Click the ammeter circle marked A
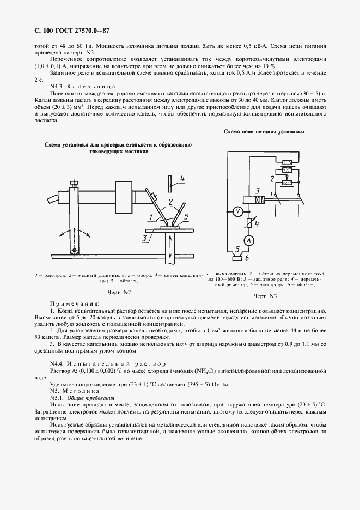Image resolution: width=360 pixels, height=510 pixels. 249,240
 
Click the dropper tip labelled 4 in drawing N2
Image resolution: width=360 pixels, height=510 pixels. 170,182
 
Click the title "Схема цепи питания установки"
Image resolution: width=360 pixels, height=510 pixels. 264,131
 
